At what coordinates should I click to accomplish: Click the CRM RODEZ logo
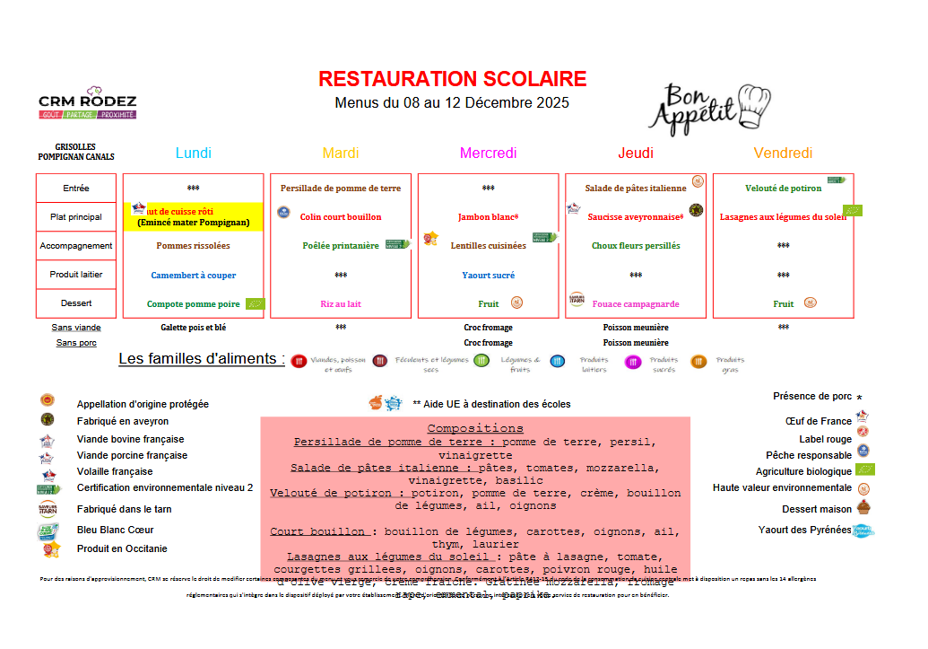click(87, 103)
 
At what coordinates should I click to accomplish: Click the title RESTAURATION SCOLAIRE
click(452, 79)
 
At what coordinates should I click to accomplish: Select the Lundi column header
click(194, 153)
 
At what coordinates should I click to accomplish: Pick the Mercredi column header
click(488, 153)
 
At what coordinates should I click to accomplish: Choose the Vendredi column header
click(783, 153)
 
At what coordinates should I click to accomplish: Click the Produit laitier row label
click(76, 275)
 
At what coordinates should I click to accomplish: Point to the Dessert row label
click(76, 303)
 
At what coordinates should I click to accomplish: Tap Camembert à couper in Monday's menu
click(193, 276)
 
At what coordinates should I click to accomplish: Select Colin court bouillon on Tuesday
click(340, 217)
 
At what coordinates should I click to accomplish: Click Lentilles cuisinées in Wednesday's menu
click(488, 246)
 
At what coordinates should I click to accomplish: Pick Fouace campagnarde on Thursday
click(636, 304)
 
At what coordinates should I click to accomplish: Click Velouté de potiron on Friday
click(783, 189)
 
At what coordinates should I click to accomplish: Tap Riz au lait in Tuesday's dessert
click(340, 304)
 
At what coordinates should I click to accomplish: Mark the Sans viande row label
click(76, 328)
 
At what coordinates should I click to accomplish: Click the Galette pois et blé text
click(193, 328)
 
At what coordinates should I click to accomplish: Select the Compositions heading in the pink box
click(474, 428)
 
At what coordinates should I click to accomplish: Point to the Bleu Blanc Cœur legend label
click(115, 530)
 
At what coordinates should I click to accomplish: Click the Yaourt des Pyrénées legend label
click(804, 530)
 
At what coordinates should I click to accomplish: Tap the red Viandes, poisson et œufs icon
click(299, 362)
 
